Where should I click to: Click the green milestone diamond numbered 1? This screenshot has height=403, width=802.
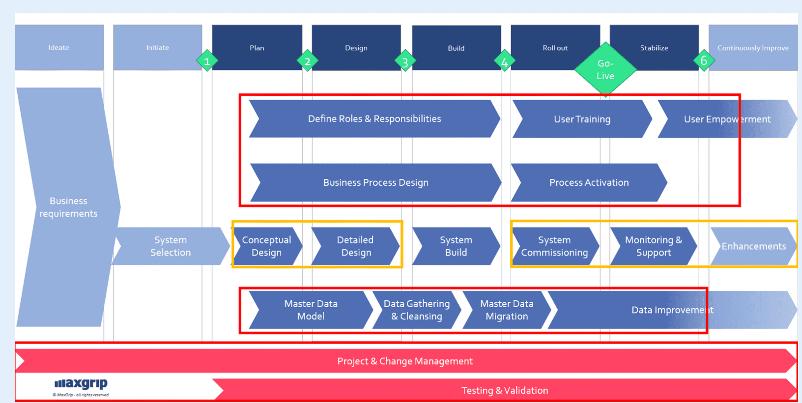[x=207, y=61]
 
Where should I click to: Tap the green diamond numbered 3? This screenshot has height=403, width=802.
[x=405, y=61]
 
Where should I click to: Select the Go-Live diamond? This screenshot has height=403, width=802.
[x=605, y=69]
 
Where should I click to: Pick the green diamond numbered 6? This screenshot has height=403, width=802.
[x=704, y=60]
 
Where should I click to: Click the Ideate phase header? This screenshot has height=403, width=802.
[x=59, y=48]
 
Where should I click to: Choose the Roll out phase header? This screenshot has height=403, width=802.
[x=555, y=48]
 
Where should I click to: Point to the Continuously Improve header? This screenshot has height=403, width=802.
[x=753, y=48]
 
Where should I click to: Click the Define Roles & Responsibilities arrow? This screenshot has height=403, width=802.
[x=374, y=119]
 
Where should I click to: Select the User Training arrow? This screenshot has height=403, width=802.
[x=582, y=119]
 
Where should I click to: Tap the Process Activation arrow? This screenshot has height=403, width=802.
[x=589, y=182]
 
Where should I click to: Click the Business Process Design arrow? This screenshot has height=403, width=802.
[x=375, y=182]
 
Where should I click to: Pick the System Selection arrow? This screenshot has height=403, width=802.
[x=171, y=246]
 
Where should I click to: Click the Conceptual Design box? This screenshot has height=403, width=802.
[x=266, y=246]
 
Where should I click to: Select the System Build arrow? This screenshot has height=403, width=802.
[x=456, y=246]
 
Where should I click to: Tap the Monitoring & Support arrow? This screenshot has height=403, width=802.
[x=653, y=246]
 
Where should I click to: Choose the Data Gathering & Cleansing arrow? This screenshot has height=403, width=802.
[x=416, y=310]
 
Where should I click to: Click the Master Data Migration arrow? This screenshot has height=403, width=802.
[x=506, y=310]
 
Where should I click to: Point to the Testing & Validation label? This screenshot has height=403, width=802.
[x=505, y=390]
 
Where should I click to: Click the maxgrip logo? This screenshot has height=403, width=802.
[x=81, y=384]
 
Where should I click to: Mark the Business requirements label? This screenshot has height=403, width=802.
[x=68, y=207]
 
